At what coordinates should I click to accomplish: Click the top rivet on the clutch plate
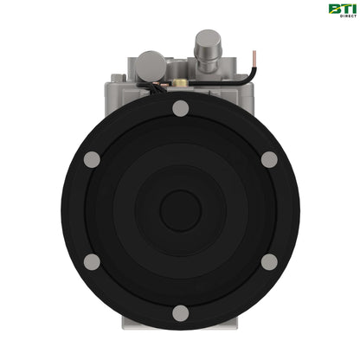(x=180, y=109)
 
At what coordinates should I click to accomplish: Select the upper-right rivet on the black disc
(x=269, y=160)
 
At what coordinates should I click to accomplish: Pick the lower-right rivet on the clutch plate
(x=269, y=261)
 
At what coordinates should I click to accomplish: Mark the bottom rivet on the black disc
(x=180, y=313)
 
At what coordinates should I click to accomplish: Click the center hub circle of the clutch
(x=180, y=210)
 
